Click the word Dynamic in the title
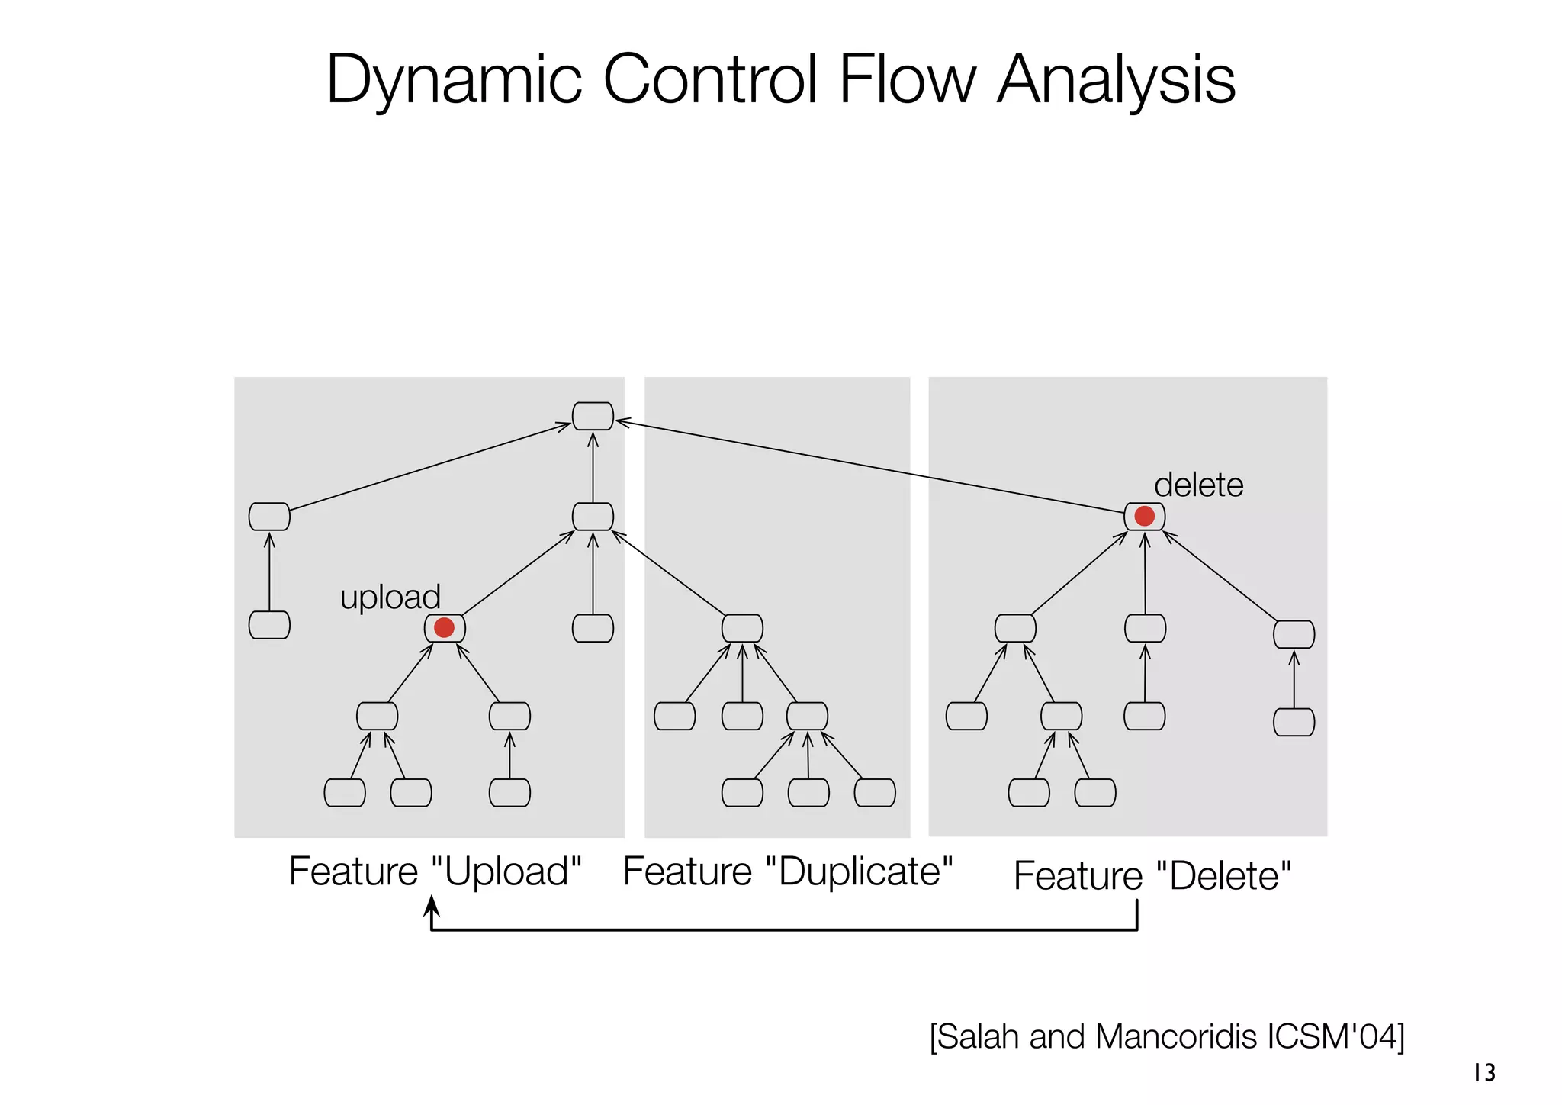(x=455, y=80)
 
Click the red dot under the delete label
(x=1144, y=517)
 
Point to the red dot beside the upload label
(x=444, y=627)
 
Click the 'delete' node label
(x=1198, y=485)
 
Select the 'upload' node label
(x=390, y=597)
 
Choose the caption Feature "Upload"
(x=435, y=871)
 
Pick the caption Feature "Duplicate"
(x=788, y=871)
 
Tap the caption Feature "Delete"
(x=1152, y=875)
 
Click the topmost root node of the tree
(x=593, y=416)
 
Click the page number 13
(x=1484, y=1073)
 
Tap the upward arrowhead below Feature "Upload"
(x=432, y=906)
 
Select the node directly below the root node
(x=593, y=517)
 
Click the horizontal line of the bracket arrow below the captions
(x=786, y=929)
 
